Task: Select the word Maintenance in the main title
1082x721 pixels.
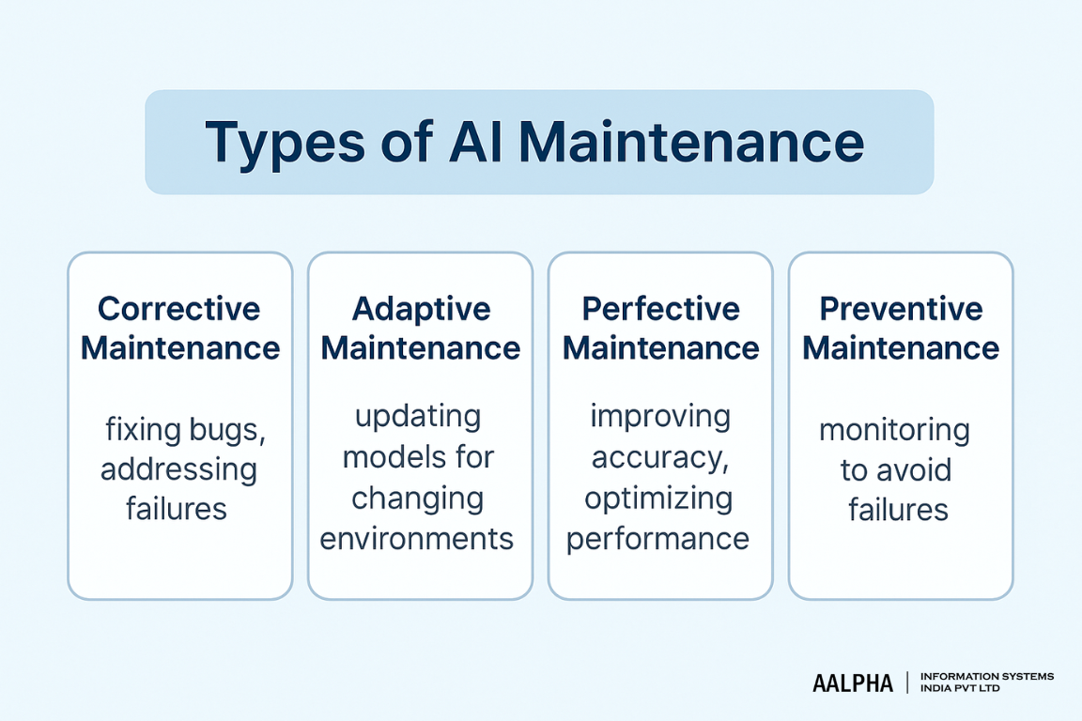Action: point(690,143)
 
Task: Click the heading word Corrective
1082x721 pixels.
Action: point(179,309)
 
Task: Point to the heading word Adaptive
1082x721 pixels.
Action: point(421,309)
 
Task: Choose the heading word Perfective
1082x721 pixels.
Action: point(660,309)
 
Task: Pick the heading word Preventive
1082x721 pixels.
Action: point(901,309)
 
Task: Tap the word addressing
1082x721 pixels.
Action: point(178,469)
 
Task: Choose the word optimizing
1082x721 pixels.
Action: point(658,499)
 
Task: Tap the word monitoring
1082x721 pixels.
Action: point(894,431)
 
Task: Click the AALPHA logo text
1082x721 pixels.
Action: point(852,683)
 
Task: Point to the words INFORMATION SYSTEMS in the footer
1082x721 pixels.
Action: point(987,676)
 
